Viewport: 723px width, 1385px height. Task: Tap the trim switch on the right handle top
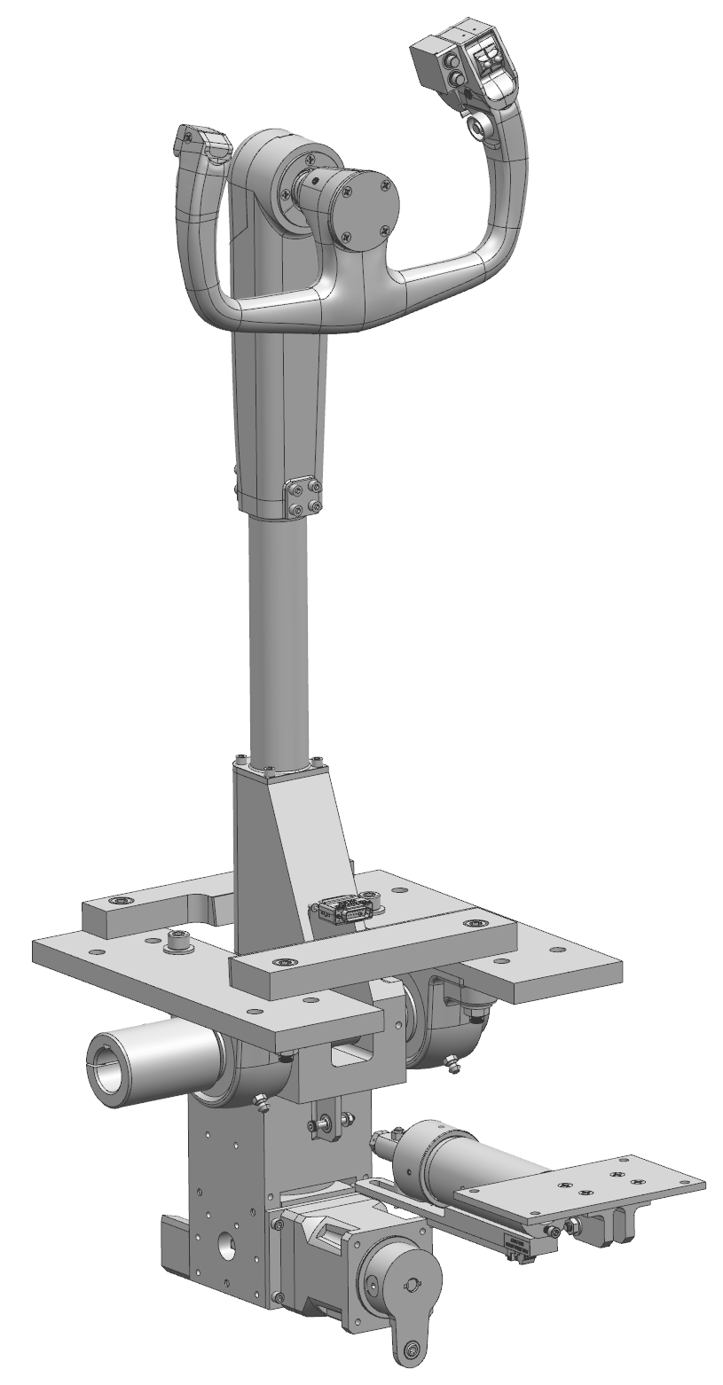tap(485, 62)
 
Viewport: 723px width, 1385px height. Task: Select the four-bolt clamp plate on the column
tap(302, 497)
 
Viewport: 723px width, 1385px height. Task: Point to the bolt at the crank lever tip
tap(410, 1350)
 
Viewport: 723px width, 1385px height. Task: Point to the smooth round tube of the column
tap(279, 638)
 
